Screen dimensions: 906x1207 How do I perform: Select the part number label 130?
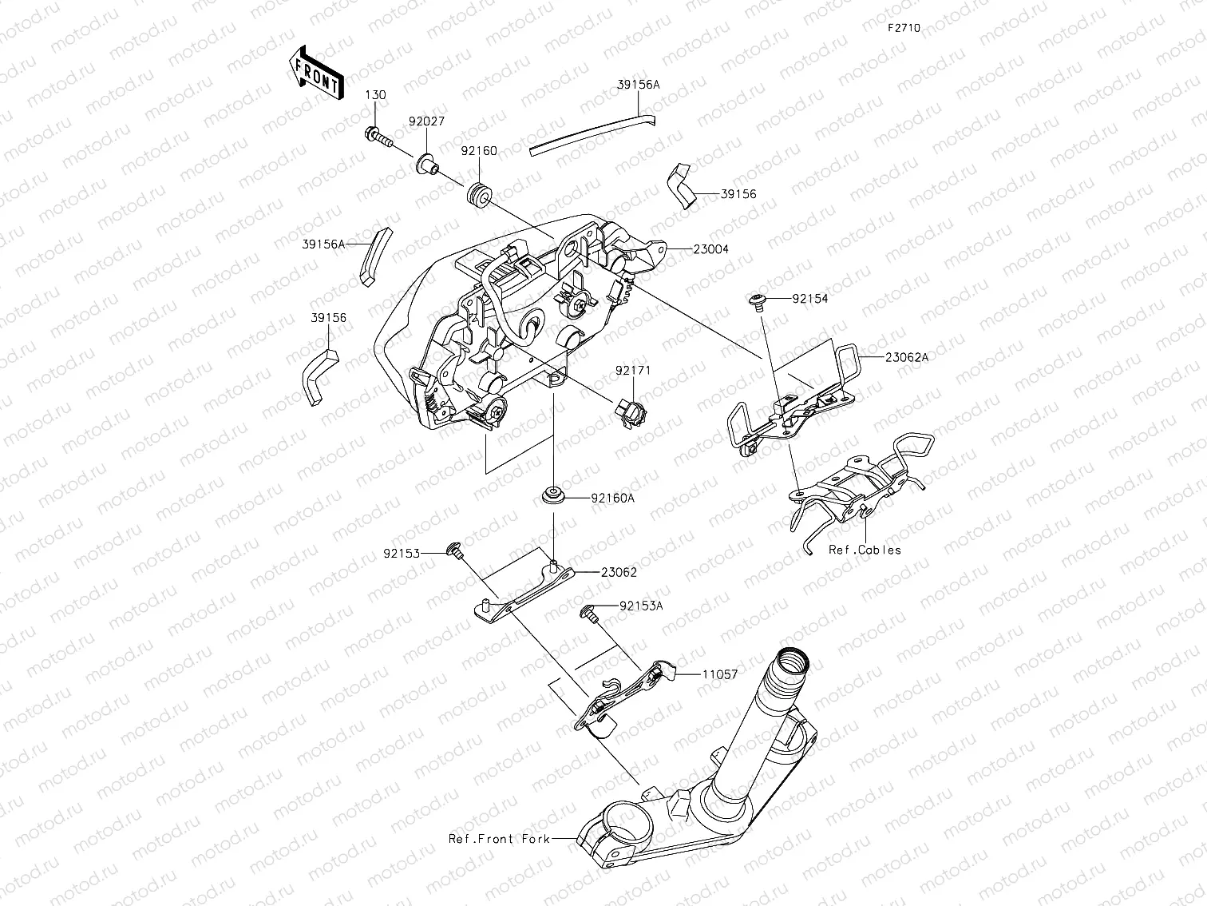point(375,95)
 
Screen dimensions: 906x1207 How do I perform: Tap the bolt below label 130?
point(378,137)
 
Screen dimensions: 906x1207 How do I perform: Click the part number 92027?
point(427,122)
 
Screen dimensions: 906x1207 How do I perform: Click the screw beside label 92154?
point(756,300)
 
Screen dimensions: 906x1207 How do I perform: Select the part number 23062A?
point(906,358)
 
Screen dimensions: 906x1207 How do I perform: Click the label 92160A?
point(612,498)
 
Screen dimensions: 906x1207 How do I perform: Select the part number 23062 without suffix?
point(619,572)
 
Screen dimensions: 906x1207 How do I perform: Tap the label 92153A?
point(641,606)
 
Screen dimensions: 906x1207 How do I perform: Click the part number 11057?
point(719,674)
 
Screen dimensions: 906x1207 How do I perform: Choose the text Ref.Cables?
point(864,550)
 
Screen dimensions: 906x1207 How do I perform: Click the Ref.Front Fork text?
point(499,840)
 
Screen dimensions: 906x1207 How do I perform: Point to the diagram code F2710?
point(903,28)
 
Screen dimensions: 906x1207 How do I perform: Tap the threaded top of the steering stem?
point(792,663)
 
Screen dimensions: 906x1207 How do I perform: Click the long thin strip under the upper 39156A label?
point(592,133)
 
